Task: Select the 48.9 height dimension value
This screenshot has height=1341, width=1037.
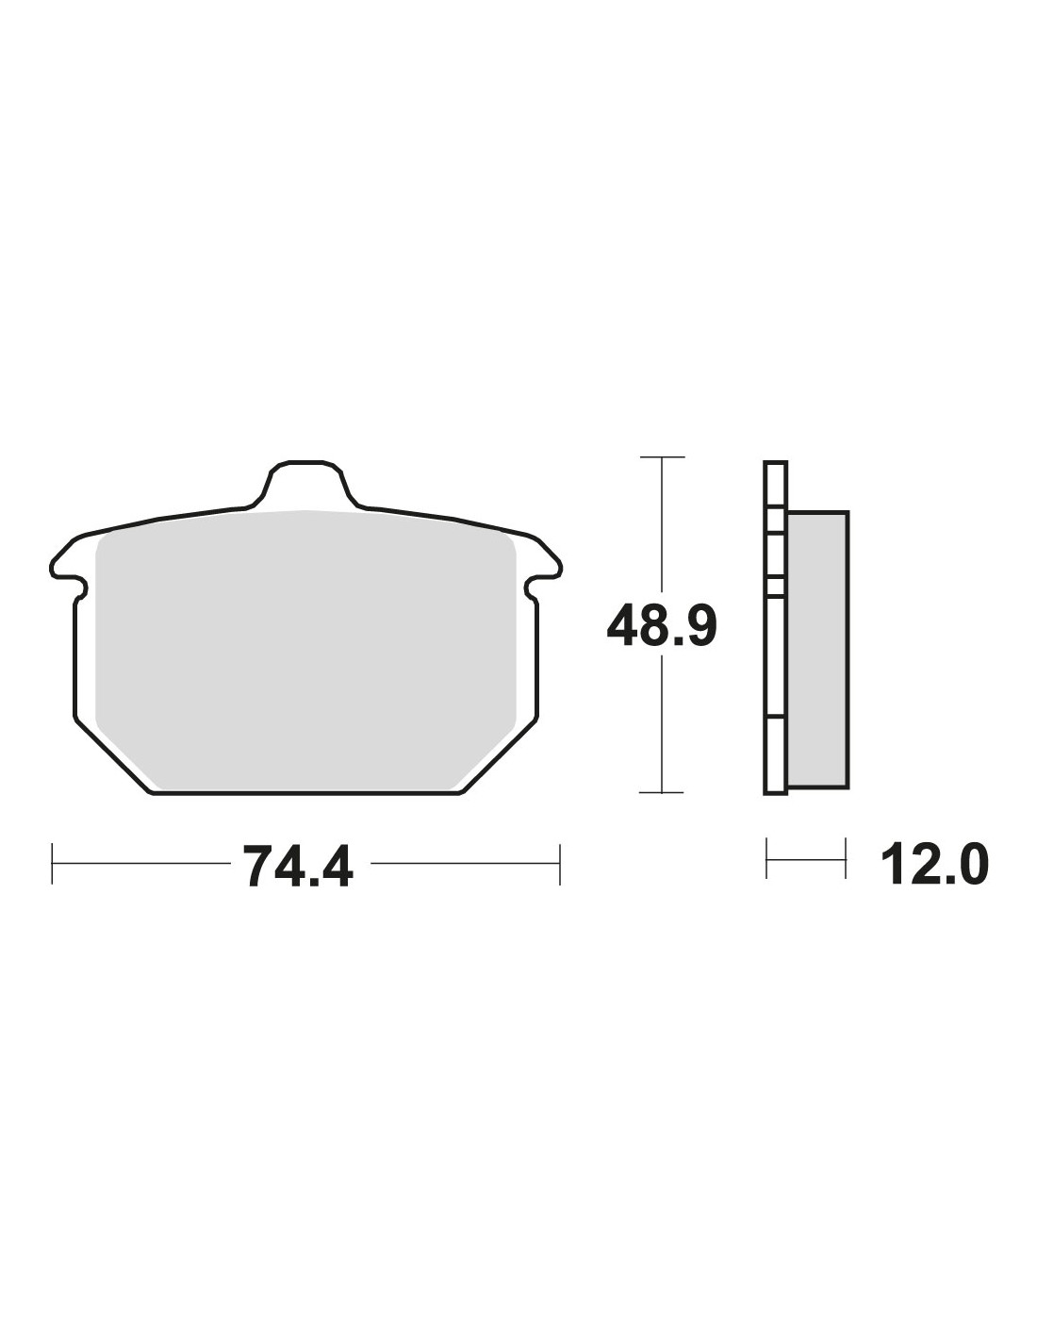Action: (661, 625)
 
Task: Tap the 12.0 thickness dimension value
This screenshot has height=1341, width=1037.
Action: (935, 865)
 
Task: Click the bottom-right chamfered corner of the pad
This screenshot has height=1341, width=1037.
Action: (499, 755)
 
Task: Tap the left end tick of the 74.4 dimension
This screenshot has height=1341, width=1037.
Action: (53, 864)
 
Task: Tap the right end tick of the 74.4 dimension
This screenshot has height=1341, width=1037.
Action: (560, 864)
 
